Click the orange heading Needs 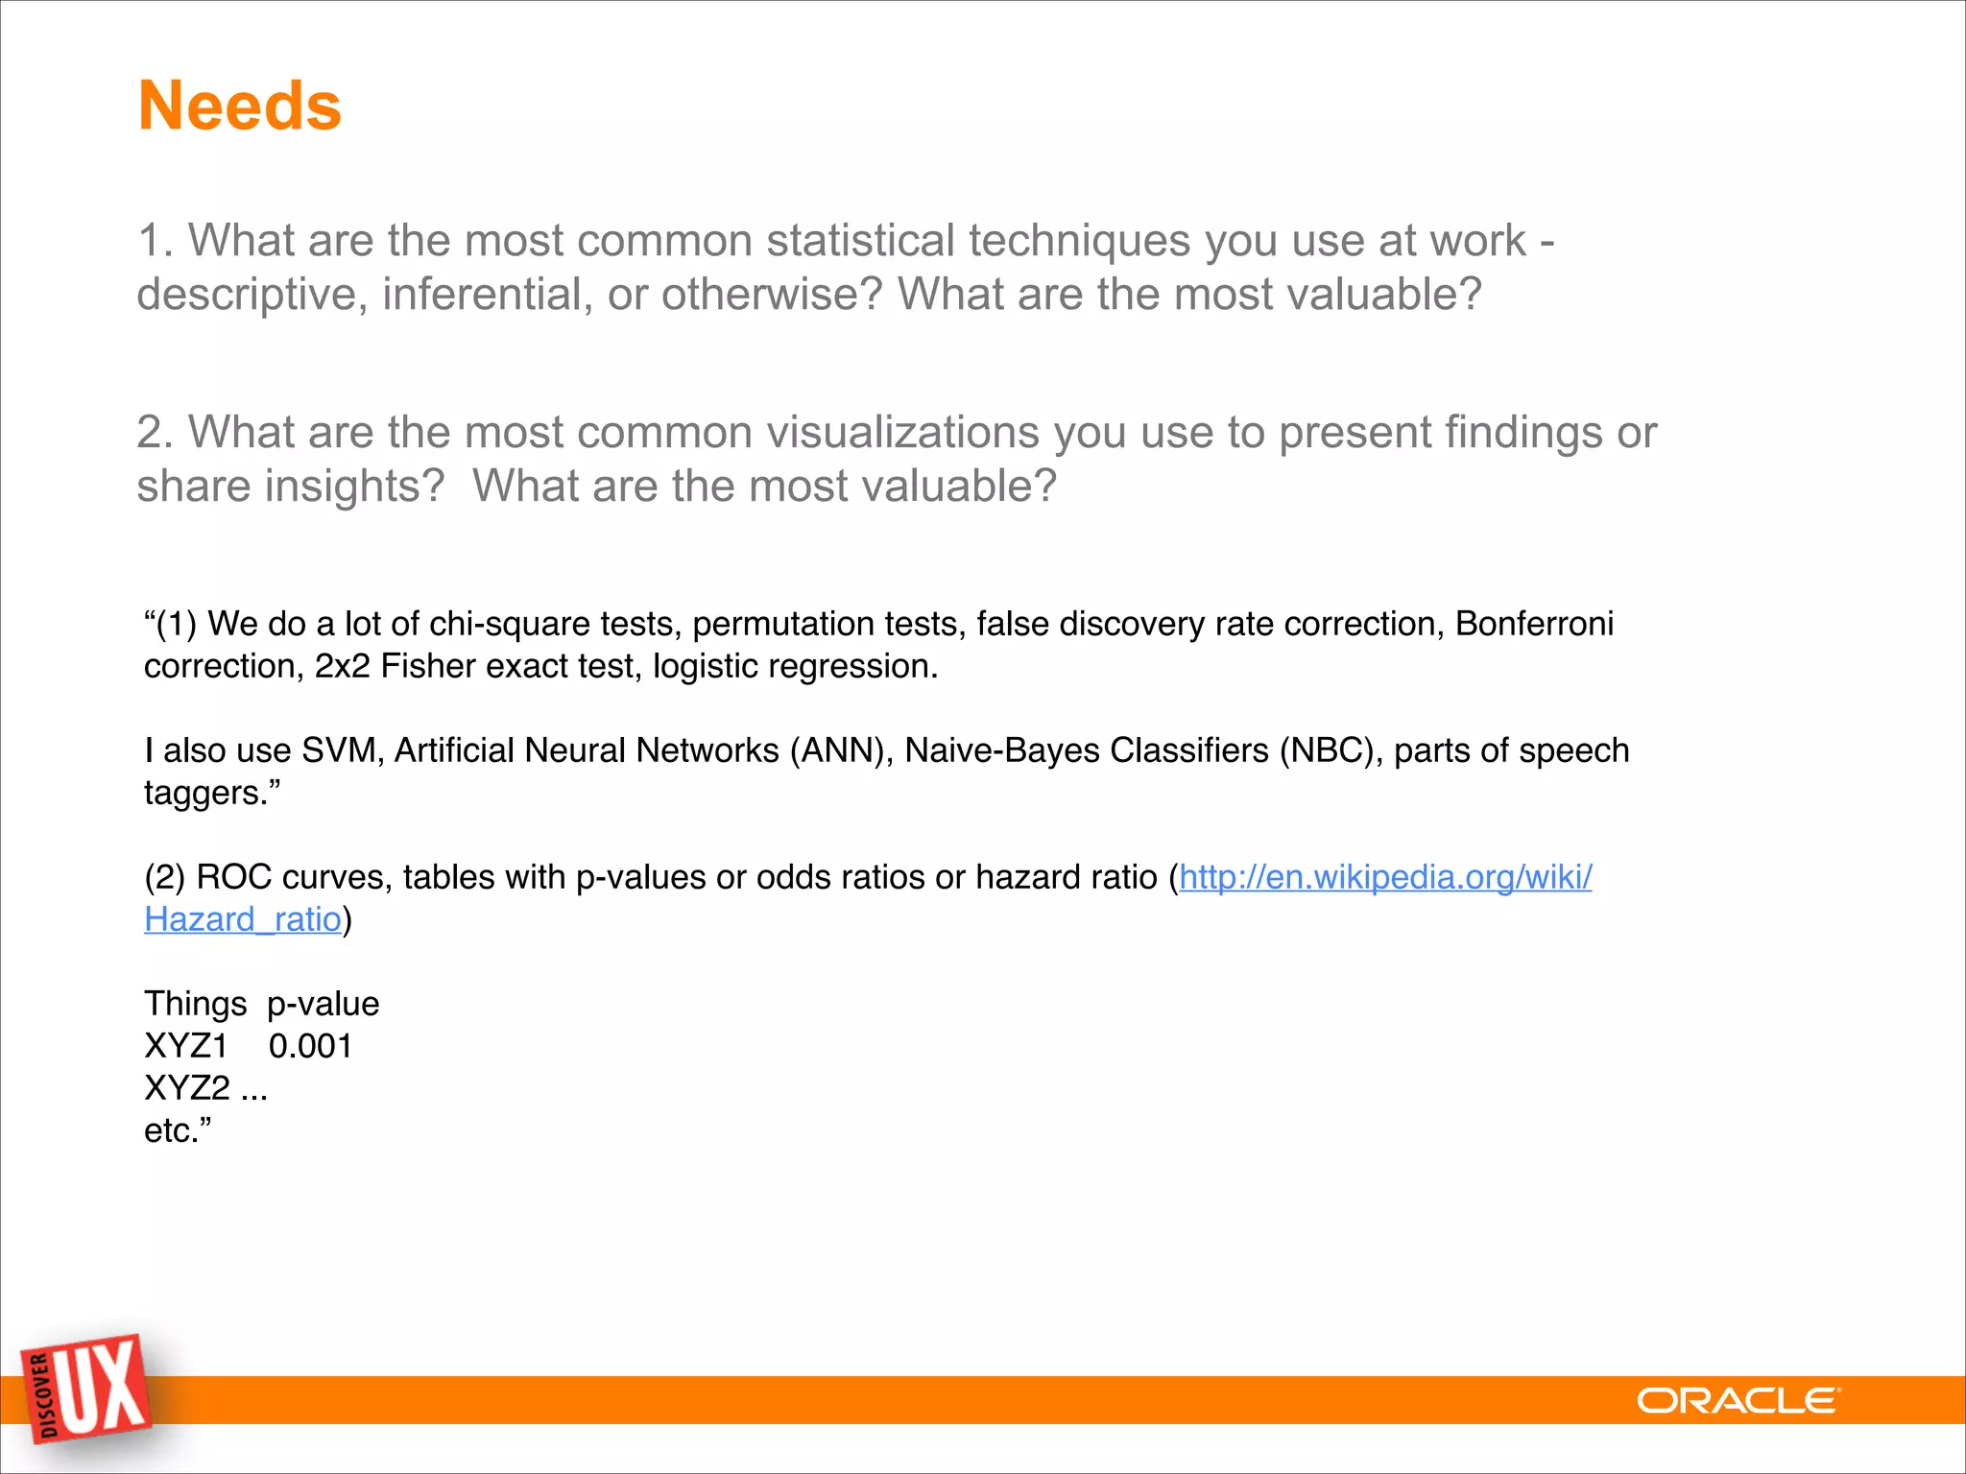[x=240, y=106]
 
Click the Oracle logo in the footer [x=1738, y=1401]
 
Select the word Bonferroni [x=1534, y=624]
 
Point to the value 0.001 [x=310, y=1046]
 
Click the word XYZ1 [x=186, y=1046]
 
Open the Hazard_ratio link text [x=243, y=919]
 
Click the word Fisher [x=428, y=666]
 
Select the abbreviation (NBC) [x=1331, y=750]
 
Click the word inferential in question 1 [x=488, y=295]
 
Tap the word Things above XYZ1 [x=196, y=1004]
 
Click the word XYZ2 [x=187, y=1088]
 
